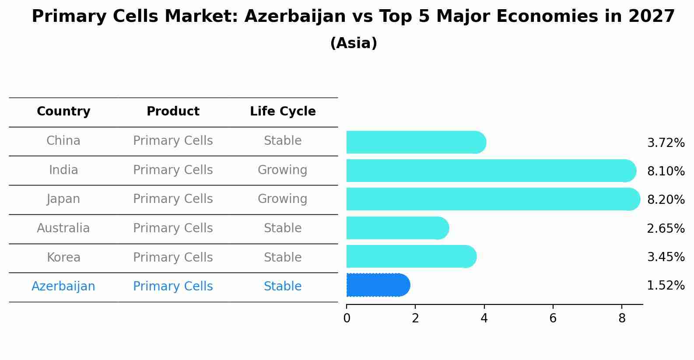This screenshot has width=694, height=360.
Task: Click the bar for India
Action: click(x=491, y=171)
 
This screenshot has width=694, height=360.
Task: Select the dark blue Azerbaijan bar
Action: click(x=379, y=285)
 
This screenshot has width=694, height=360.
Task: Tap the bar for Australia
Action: click(x=398, y=228)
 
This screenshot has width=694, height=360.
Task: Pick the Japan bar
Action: click(x=493, y=199)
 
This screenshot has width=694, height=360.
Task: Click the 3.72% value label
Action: click(x=666, y=143)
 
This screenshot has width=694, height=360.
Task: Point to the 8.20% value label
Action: click(x=666, y=199)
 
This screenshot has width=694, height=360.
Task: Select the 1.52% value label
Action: click(x=666, y=285)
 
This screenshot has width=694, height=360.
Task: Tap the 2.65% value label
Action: click(x=666, y=228)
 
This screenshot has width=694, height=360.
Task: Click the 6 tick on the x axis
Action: click(x=553, y=318)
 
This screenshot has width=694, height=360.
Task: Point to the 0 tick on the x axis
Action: click(x=347, y=318)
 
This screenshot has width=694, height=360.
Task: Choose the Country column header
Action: click(x=63, y=111)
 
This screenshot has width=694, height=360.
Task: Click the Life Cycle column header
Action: click(x=283, y=111)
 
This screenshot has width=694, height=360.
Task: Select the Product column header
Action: click(x=173, y=111)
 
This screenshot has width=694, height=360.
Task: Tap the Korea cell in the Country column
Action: click(x=63, y=257)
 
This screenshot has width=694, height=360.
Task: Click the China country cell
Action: click(x=63, y=141)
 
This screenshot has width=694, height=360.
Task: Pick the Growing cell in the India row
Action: click(x=283, y=170)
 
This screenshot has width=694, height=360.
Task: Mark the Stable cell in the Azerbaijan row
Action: click(x=283, y=286)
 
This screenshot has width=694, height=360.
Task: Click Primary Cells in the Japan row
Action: click(x=173, y=199)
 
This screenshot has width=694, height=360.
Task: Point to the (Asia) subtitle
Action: click(x=354, y=43)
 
